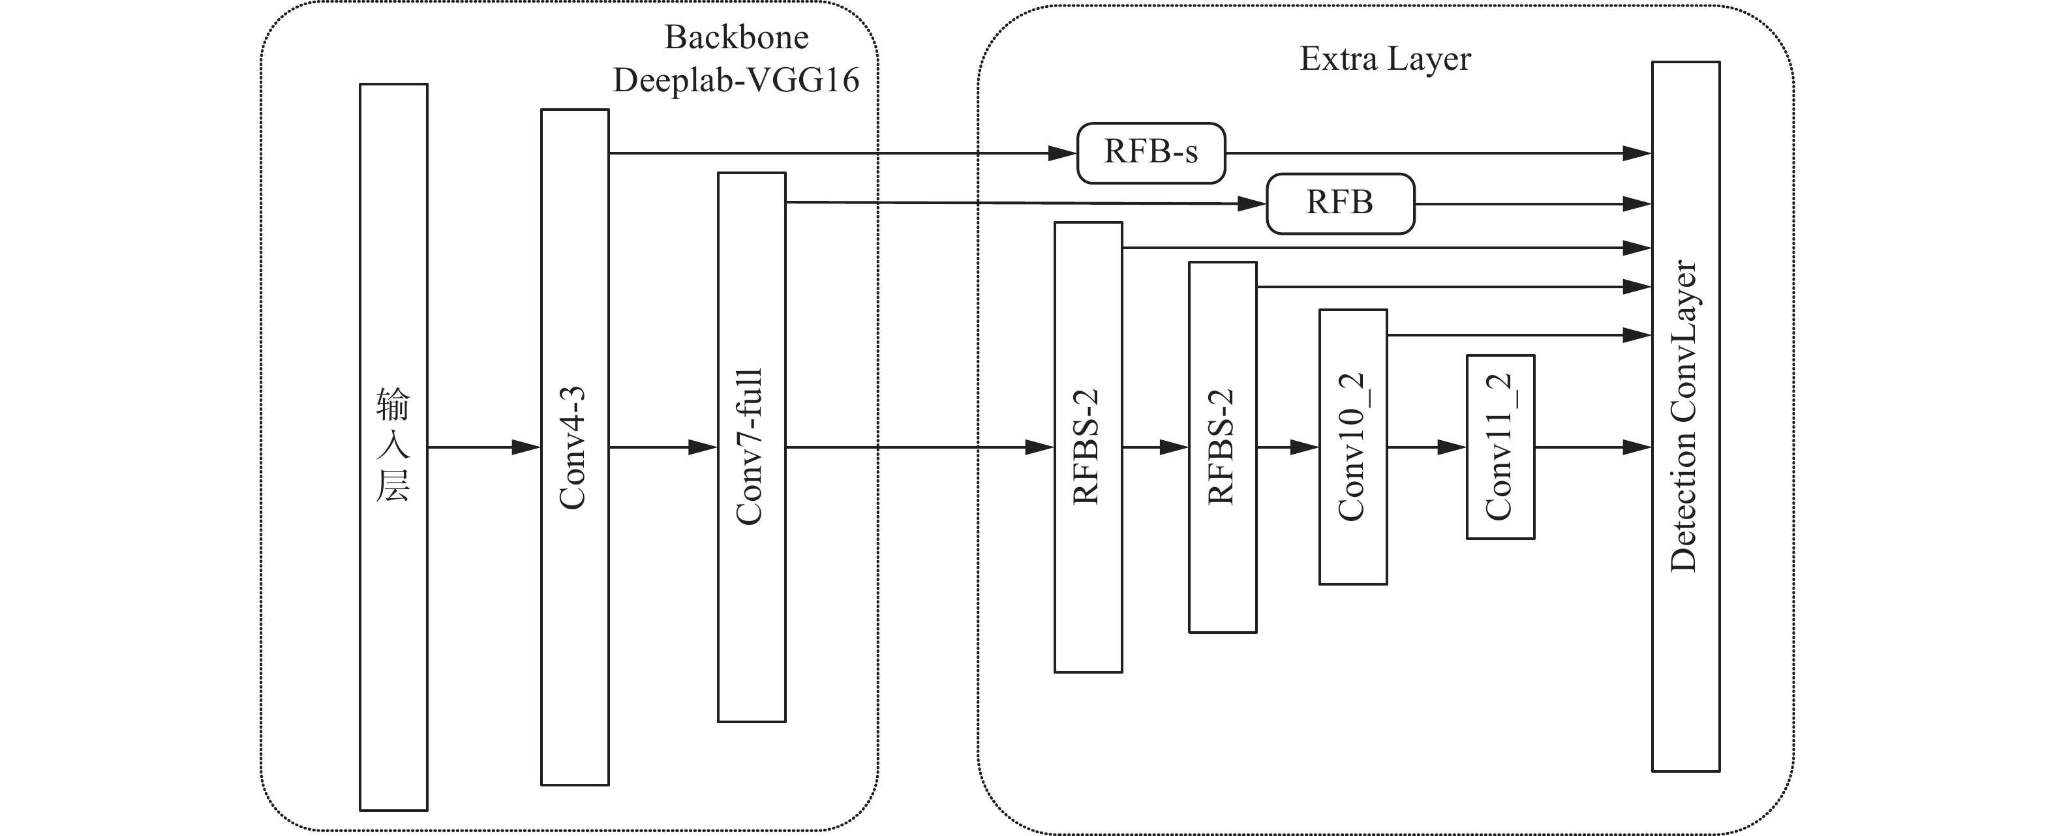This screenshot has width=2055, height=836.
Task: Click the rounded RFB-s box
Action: [1150, 153]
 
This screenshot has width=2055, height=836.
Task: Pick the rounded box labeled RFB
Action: [1339, 203]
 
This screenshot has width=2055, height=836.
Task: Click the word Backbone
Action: [735, 37]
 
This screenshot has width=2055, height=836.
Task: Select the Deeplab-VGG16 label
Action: [735, 80]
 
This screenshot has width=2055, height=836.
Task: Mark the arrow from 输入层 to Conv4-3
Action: [483, 447]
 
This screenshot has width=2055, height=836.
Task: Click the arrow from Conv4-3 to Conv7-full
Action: [662, 447]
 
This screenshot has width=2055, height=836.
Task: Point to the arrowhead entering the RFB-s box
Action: [1063, 153]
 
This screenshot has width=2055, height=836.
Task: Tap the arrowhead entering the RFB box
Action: [1252, 204]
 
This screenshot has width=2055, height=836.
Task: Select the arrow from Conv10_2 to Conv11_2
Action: [1426, 447]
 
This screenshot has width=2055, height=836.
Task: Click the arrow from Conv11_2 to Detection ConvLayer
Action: [1592, 447]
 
